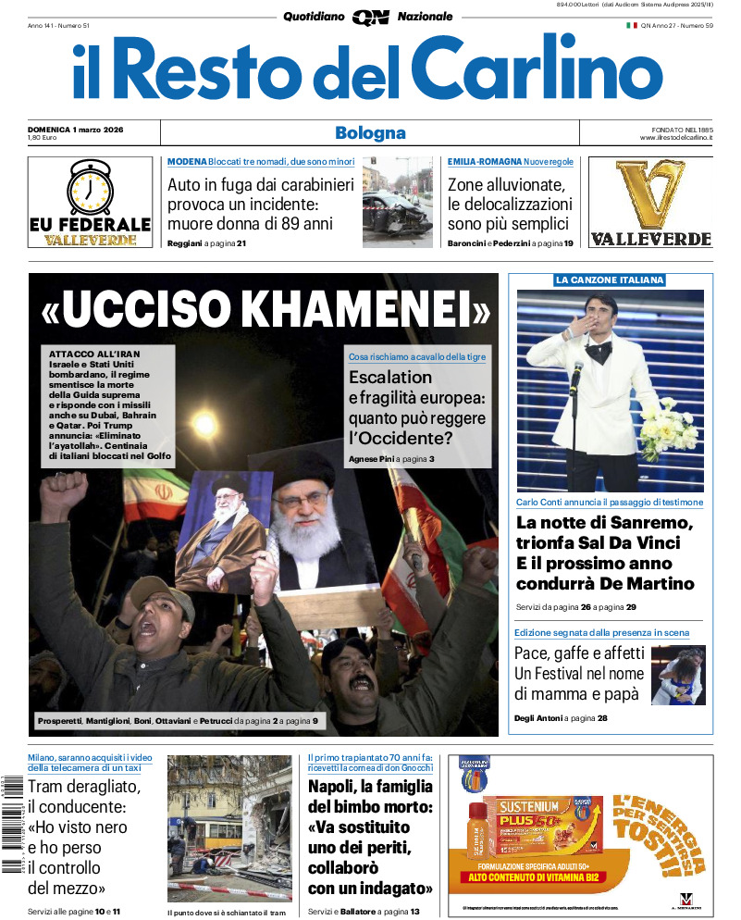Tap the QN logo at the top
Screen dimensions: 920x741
pos(370,17)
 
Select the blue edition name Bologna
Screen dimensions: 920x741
pos(370,133)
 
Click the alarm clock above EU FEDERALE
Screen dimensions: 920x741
pos(90,187)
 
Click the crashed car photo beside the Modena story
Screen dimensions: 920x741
pos(397,201)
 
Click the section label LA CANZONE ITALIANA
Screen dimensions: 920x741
pos(610,280)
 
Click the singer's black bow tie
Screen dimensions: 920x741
pos(599,351)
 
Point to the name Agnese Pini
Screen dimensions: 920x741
pos(370,459)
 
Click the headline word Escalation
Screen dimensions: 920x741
pos(390,377)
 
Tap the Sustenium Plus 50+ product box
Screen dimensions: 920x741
pos(540,827)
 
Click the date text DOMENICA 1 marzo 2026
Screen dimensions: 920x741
pos(76,129)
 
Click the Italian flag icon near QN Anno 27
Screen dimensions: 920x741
pos(632,25)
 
